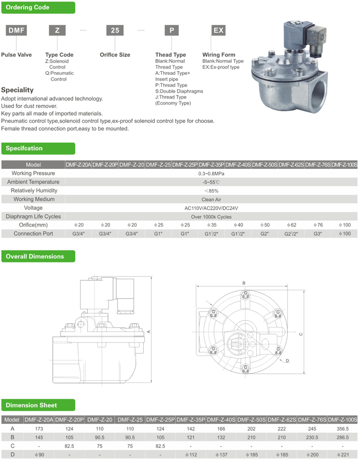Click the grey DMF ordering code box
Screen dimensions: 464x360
[x=16, y=30]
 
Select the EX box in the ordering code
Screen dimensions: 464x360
[x=218, y=30]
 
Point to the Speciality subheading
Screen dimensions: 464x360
[x=17, y=90]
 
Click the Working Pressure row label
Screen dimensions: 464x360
[x=33, y=173]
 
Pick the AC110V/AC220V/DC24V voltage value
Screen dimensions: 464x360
[x=211, y=208]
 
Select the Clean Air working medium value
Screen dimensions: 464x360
[x=211, y=199]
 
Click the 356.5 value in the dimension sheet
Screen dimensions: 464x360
[x=343, y=428]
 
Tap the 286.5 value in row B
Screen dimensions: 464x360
[x=343, y=437]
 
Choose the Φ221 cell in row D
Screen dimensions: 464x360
[x=343, y=454]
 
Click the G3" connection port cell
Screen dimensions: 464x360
[x=318, y=234]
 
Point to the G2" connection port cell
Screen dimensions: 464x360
[x=264, y=234]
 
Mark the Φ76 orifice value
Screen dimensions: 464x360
[x=318, y=225]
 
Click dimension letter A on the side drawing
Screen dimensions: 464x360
[x=149, y=331]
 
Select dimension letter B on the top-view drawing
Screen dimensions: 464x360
[x=244, y=283]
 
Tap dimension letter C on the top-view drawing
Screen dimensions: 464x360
[x=300, y=334]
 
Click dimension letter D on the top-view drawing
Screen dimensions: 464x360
[x=287, y=360]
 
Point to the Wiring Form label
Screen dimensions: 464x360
[x=218, y=55]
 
